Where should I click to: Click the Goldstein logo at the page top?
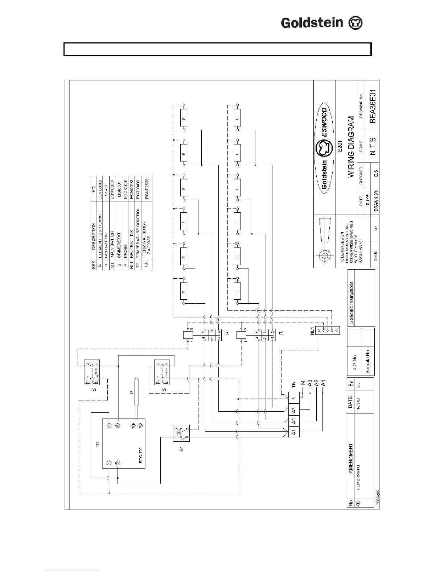tap(322, 23)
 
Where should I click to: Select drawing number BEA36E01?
tap(373, 107)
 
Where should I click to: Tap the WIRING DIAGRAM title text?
tap(351, 147)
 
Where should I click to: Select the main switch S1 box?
tap(181, 433)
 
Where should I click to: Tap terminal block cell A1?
tap(294, 432)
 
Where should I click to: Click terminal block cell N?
tap(294, 398)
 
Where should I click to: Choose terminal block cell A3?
tap(294, 410)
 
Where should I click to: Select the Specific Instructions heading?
tap(351, 302)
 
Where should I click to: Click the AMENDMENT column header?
tap(351, 459)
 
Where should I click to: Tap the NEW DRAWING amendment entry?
tap(358, 477)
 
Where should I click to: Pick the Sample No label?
tap(367, 361)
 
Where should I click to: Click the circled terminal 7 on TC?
tap(108, 426)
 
